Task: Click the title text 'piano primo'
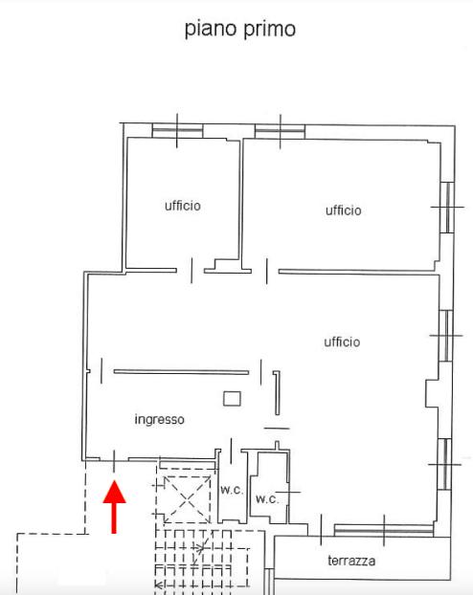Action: point(240,30)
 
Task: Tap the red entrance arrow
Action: point(114,507)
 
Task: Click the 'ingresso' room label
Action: point(160,419)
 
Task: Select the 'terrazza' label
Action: point(351,561)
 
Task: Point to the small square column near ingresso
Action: point(232,399)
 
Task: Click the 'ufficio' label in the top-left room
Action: point(183,206)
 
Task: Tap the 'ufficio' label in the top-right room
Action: point(344,210)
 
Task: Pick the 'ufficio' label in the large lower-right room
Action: point(342,342)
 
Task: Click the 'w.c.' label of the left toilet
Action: point(232,490)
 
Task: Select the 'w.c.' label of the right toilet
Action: point(267,498)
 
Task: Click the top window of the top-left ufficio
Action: point(177,131)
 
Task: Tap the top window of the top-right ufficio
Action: point(280,132)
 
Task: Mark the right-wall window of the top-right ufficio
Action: point(447,208)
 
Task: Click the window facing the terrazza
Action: point(384,530)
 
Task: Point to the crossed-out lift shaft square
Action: point(187,500)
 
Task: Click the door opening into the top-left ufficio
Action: point(191,271)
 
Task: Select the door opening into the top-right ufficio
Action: point(267,271)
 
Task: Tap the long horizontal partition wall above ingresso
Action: point(181,372)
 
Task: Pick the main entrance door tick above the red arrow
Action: point(114,461)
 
